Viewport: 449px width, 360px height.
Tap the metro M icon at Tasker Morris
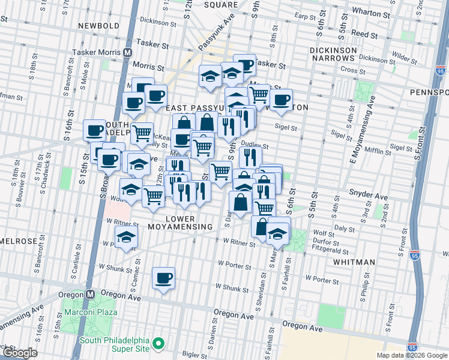click(x=127, y=53)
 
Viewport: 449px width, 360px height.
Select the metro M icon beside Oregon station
click(x=90, y=295)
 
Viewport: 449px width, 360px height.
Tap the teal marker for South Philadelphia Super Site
click(x=158, y=344)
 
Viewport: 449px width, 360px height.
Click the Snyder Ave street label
click(x=369, y=195)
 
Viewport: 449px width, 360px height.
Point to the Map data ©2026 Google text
click(x=412, y=355)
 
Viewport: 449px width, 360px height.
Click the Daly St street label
click(x=344, y=229)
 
